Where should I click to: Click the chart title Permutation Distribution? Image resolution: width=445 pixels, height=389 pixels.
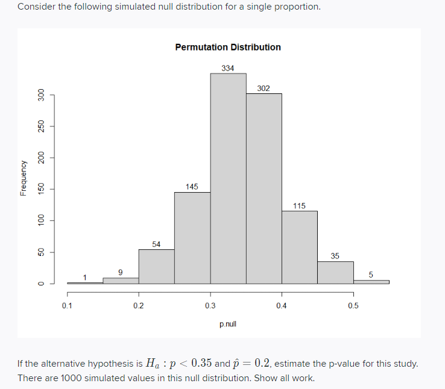coord(227,47)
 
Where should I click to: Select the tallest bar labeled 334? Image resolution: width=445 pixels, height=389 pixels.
coord(228,178)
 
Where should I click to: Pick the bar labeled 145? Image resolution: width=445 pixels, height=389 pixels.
coord(192,237)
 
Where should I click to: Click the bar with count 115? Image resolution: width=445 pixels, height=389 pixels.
coord(299,247)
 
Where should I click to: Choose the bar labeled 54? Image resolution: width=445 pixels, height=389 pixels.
coord(157,266)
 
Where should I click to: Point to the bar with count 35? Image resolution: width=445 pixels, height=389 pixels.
coord(335,272)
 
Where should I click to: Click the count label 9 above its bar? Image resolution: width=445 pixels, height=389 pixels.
coord(121,272)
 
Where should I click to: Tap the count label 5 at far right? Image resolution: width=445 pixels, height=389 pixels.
coord(371,275)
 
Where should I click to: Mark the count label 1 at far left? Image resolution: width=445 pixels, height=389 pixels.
coord(85,277)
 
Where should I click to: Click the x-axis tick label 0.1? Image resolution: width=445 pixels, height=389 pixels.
coord(67,305)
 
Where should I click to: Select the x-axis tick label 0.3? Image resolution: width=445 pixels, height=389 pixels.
coord(210,305)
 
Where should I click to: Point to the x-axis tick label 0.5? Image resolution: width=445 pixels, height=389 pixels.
coord(353,305)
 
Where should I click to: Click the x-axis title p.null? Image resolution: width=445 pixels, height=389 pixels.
coord(228,324)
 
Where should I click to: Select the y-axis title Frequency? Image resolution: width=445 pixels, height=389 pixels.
coord(23,178)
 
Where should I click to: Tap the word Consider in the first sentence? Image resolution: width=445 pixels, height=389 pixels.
coord(35,7)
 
